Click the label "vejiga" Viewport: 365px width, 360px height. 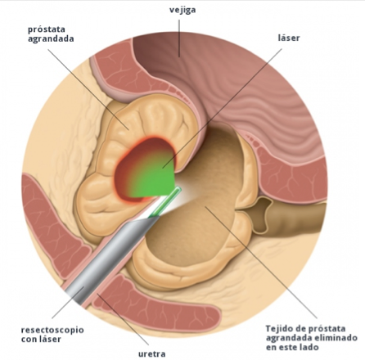[182, 10]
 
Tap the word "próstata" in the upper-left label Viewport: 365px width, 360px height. [47, 29]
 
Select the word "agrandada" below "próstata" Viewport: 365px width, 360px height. [51, 38]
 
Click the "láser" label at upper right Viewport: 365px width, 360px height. [289, 38]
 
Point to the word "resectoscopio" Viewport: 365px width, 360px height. [52, 330]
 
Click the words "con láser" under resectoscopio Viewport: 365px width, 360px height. [41, 340]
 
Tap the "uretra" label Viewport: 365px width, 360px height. [152, 354]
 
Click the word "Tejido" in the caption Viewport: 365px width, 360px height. [279, 328]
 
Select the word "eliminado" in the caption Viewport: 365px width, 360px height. [336, 338]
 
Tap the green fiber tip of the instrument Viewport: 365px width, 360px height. [165, 201]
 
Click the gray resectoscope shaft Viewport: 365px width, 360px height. [109, 259]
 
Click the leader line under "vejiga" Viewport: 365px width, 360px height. [179, 38]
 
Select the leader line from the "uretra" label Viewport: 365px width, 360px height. [123, 319]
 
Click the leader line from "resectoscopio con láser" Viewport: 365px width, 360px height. [68, 302]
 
